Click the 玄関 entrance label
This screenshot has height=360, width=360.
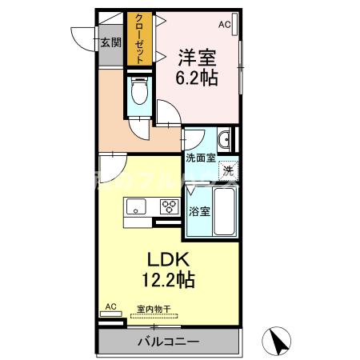110,42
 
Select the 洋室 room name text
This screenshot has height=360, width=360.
198,58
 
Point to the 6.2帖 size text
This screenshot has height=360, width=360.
198,78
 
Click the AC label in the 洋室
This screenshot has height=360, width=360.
224,25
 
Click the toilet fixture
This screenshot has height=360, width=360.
137,93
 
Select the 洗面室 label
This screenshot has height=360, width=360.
200,158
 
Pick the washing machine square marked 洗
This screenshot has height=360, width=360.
228,169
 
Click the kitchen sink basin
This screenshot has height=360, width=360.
134,209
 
